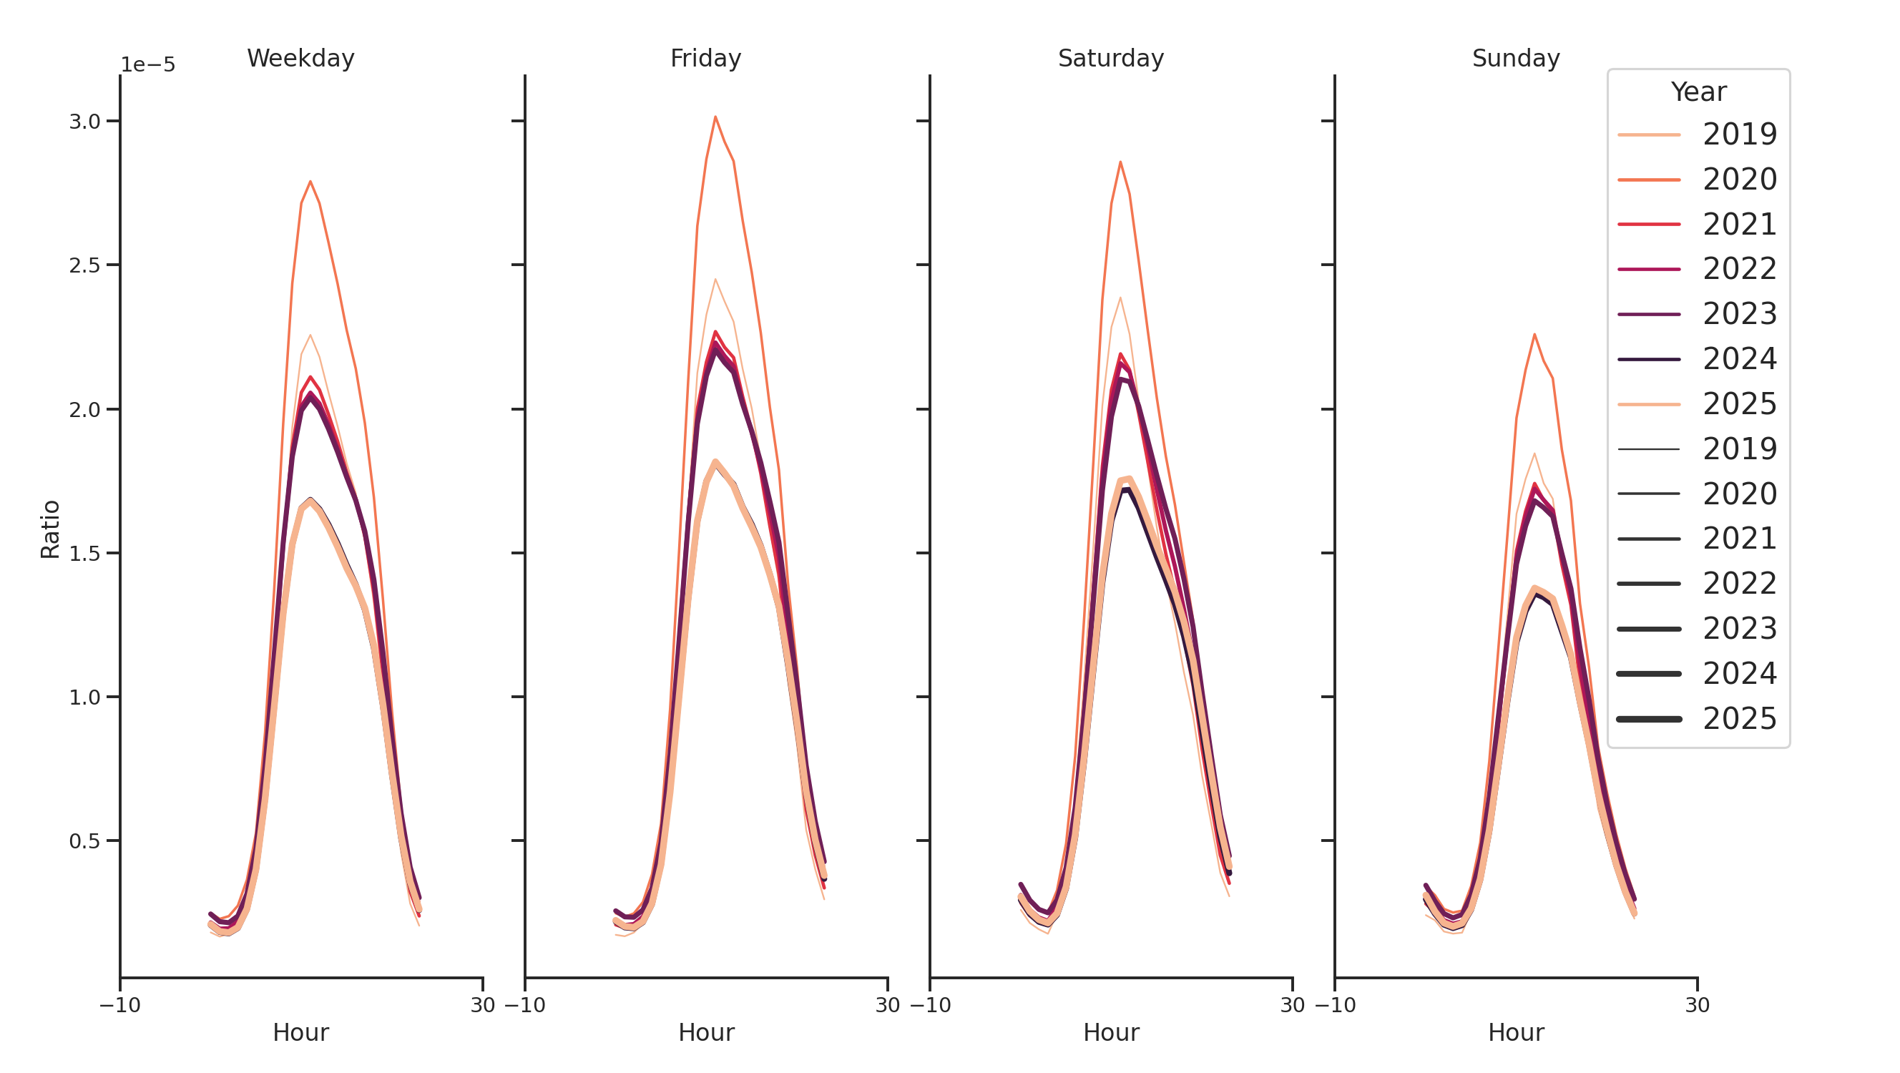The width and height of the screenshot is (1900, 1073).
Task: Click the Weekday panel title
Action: [300, 58]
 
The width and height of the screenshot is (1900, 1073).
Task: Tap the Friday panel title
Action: [705, 58]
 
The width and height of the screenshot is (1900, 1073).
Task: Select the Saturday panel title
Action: [1110, 58]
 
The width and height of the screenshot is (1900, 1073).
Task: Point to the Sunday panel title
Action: [1515, 58]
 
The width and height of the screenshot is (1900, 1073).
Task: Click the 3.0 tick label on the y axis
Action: [85, 122]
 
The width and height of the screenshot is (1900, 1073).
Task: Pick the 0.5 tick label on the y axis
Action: [85, 841]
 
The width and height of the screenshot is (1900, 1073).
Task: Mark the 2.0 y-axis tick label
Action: [85, 410]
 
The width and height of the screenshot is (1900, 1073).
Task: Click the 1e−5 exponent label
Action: [147, 65]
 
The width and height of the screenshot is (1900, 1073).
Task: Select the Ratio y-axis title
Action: [50, 529]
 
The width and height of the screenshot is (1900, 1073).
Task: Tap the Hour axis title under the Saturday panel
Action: [1110, 1032]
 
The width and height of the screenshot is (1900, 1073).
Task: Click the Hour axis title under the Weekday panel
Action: [300, 1032]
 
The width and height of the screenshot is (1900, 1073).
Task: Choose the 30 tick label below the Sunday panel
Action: [1696, 1005]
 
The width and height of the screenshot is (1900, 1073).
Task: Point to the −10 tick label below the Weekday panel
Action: [119, 1005]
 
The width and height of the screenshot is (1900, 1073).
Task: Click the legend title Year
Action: [1698, 92]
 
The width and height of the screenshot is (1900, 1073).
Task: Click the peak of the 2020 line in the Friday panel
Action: [715, 117]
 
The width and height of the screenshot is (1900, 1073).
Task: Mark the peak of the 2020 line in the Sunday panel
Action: [1534, 335]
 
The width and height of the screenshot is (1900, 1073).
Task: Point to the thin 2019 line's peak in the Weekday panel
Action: [310, 335]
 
